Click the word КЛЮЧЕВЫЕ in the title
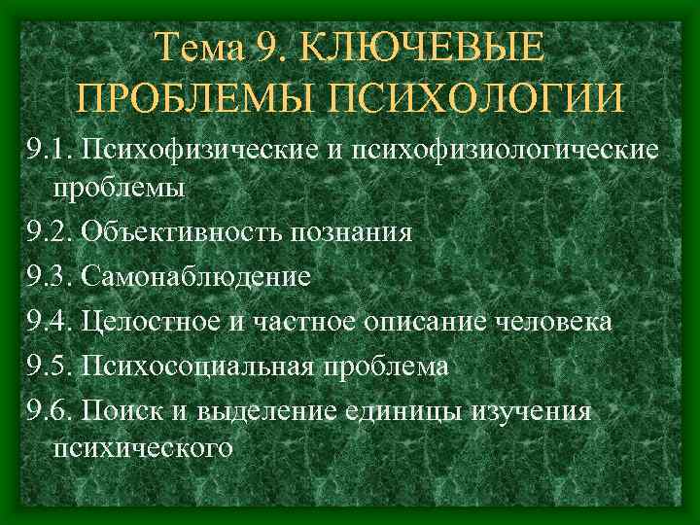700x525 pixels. (x=423, y=48)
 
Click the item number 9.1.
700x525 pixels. (x=49, y=150)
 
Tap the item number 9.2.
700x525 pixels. (x=49, y=232)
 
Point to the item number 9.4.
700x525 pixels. (x=49, y=321)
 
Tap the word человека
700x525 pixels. (x=552, y=321)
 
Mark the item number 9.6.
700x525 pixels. (x=49, y=410)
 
